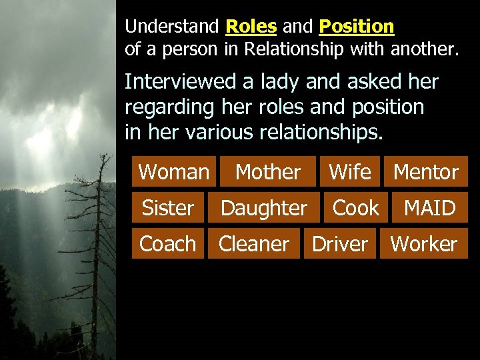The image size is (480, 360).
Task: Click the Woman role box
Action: (x=173, y=171)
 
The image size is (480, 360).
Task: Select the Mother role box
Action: (x=268, y=171)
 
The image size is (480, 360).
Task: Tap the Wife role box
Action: (x=350, y=171)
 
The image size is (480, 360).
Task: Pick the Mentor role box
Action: (x=426, y=171)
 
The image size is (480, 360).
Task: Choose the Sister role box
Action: (x=168, y=208)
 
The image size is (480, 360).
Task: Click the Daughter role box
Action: (x=263, y=208)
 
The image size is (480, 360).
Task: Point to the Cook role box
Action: (x=355, y=208)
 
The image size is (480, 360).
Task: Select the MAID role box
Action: (x=430, y=208)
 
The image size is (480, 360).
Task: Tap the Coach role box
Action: (x=167, y=244)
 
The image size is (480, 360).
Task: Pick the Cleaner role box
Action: (x=254, y=244)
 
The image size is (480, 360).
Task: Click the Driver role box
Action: (x=340, y=244)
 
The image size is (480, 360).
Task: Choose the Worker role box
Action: (x=424, y=244)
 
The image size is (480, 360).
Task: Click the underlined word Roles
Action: (x=251, y=27)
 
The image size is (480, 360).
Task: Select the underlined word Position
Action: (x=357, y=27)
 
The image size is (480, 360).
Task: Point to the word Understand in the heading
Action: (x=172, y=27)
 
